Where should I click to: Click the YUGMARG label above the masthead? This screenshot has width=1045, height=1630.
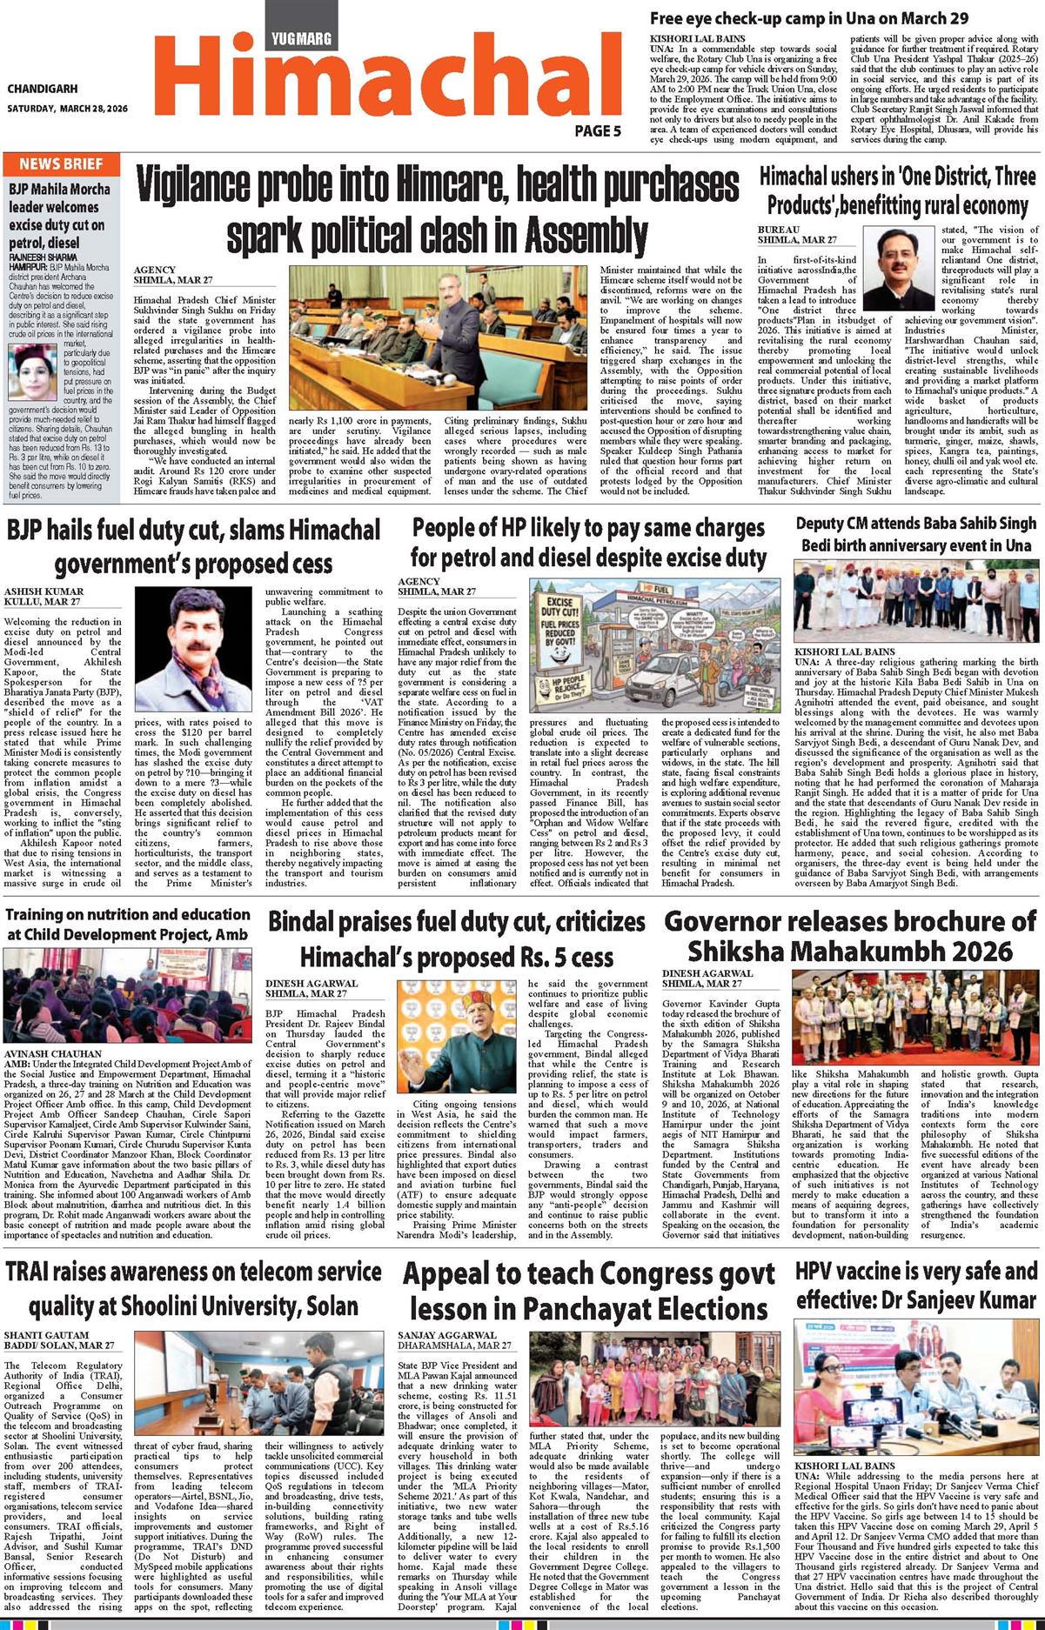point(301,38)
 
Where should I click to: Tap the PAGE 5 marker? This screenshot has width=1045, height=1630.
point(598,131)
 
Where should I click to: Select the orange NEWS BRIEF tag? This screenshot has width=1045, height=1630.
point(61,164)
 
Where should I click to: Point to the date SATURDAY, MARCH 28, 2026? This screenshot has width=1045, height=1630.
point(68,109)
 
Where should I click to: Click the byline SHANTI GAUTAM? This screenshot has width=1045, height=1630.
point(46,1334)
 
